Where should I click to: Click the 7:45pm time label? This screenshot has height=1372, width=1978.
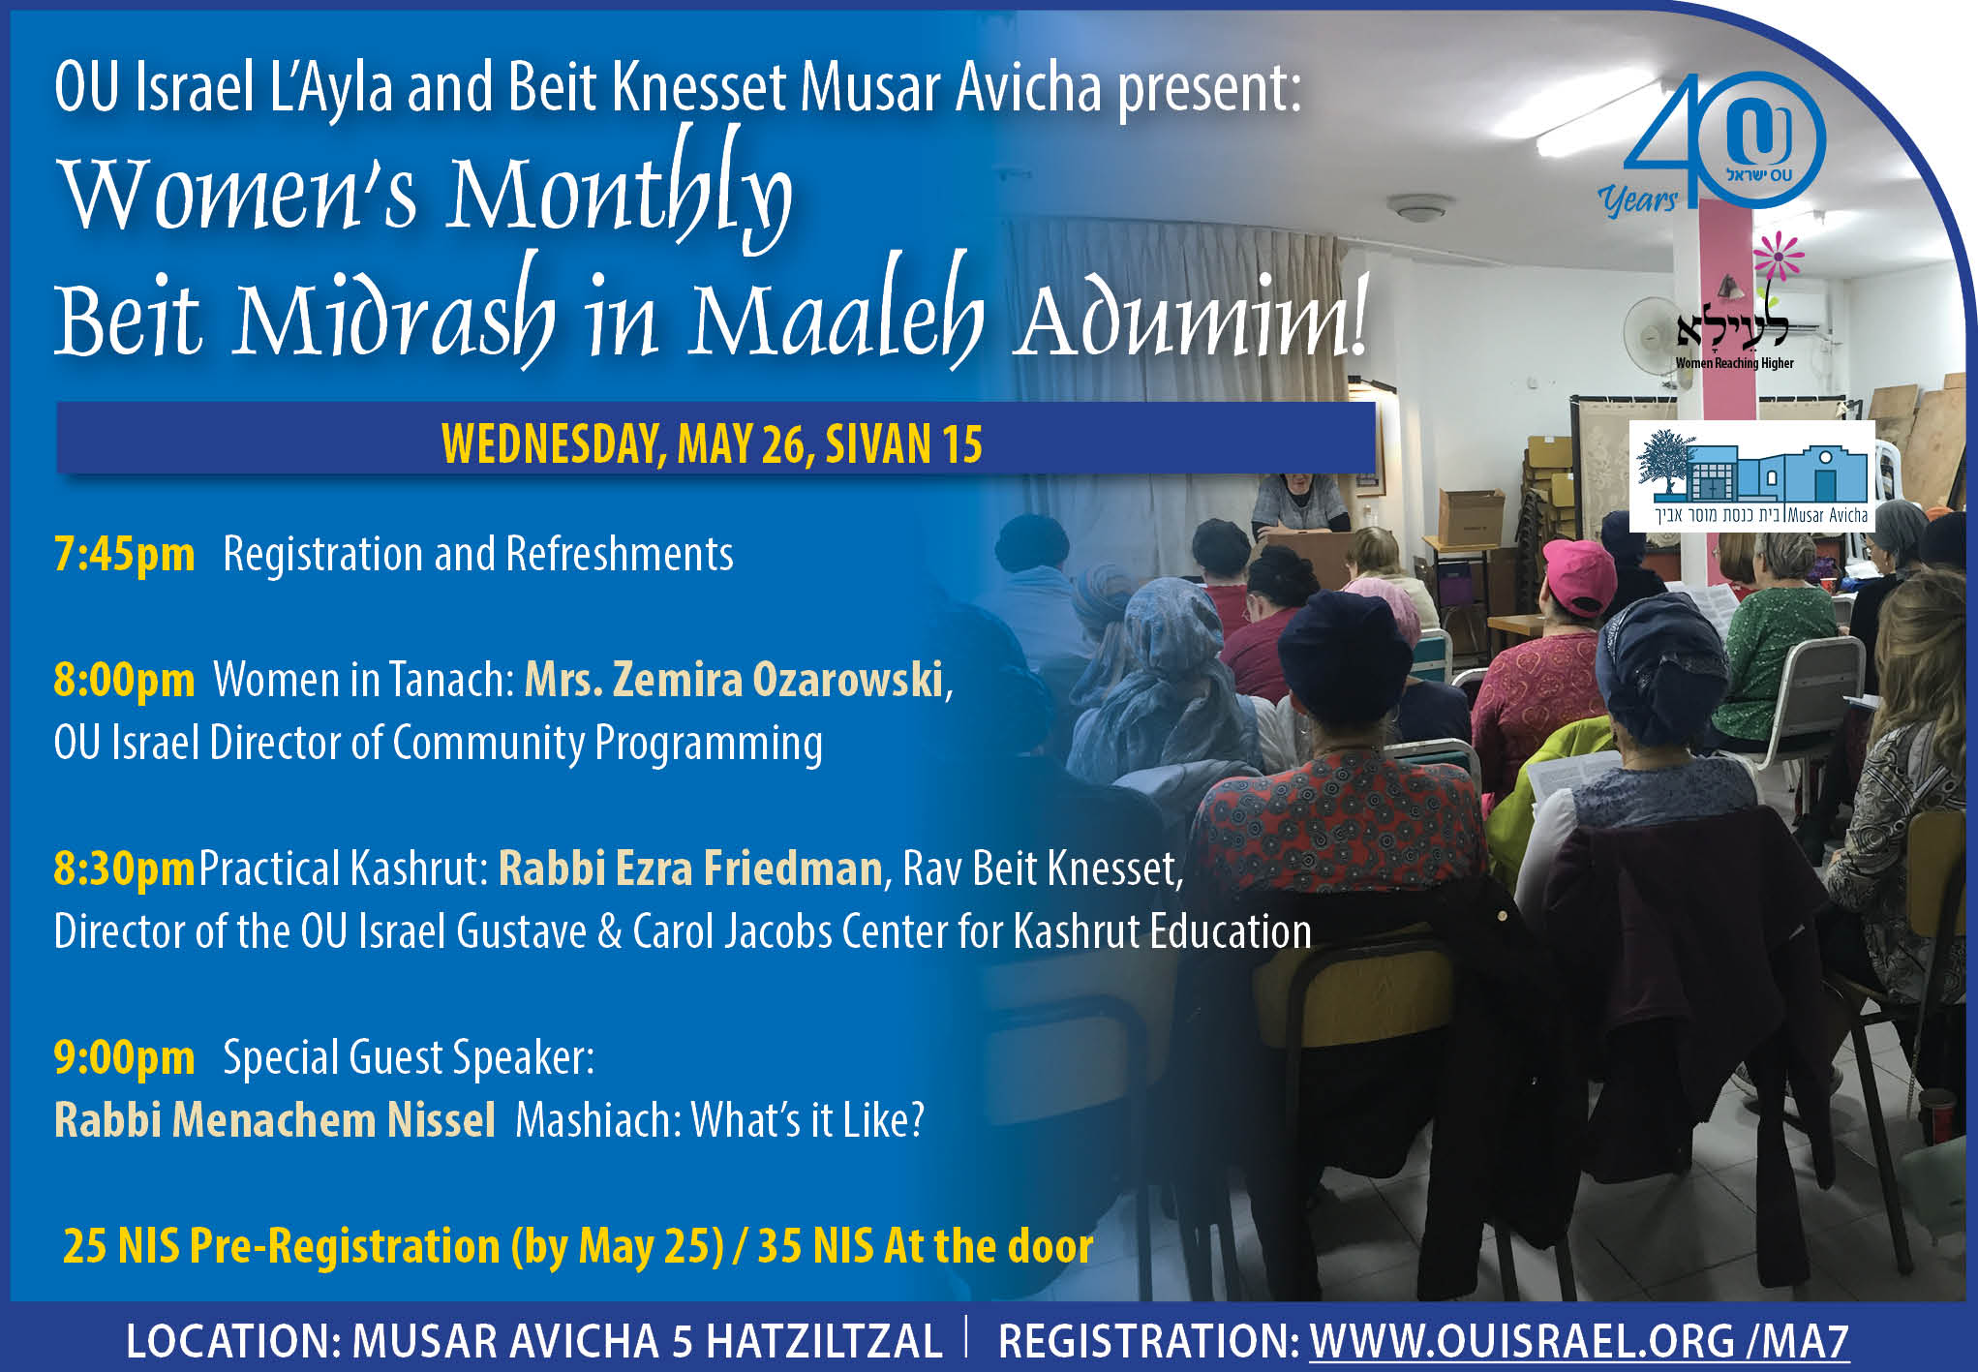pos(124,555)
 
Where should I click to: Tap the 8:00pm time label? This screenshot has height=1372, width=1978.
pos(124,680)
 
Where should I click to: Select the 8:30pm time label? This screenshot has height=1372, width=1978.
pos(124,869)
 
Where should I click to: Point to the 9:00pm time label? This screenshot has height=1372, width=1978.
pos(124,1057)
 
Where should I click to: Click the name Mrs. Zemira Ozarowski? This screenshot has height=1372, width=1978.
pos(734,680)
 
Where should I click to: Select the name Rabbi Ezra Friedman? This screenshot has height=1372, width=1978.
pos(690,869)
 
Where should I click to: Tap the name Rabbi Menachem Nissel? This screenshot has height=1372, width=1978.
pos(275,1120)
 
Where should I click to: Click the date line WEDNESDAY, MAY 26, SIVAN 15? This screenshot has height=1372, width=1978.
pos(713,444)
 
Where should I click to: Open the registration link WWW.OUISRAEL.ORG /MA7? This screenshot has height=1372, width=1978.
pos(1579,1341)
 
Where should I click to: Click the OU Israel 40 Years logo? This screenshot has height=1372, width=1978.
pos(1712,145)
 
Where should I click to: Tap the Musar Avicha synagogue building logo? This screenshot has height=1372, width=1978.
pos(1752,476)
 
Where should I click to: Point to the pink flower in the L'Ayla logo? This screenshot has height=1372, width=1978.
pos(1779,258)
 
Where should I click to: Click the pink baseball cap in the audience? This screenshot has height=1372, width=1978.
pos(1578,575)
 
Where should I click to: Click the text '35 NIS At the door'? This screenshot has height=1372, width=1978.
pos(926,1246)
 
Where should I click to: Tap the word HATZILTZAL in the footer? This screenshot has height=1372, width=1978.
pos(822,1342)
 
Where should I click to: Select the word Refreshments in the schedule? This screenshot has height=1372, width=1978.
pos(620,555)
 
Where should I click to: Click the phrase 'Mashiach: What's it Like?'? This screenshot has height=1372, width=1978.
pos(720,1120)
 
